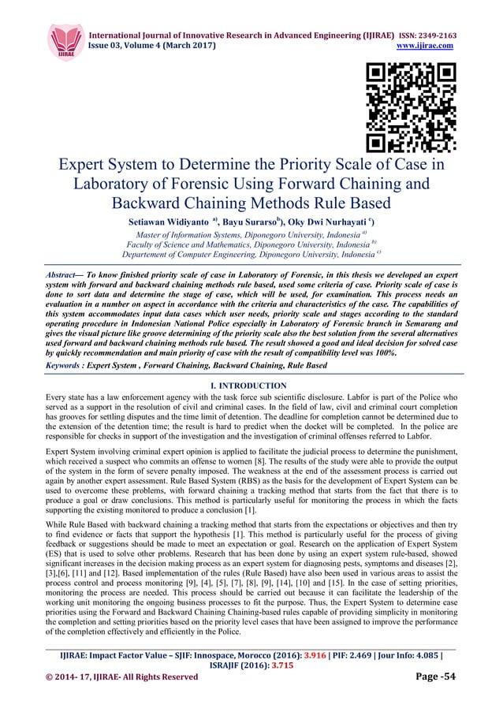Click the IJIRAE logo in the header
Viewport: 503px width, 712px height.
(x=65, y=39)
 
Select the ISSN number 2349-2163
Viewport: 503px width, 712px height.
(x=430, y=35)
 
